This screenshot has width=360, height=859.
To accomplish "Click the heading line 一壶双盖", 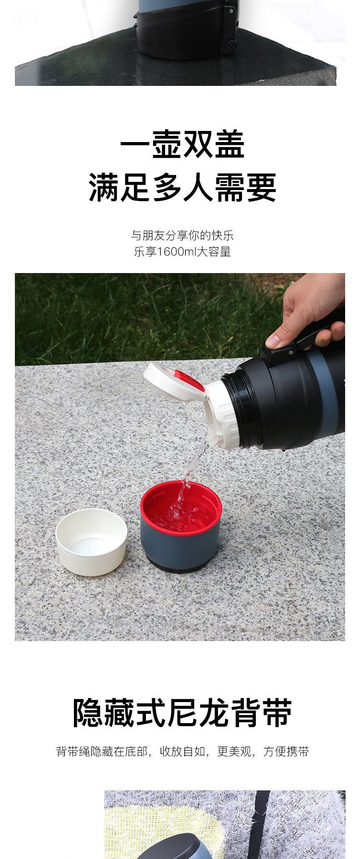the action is [182, 143].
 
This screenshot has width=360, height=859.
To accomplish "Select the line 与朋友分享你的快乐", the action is [182, 236].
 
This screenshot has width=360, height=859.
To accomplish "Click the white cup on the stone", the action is [91, 542].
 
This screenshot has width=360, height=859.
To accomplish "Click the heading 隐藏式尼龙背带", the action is [182, 713].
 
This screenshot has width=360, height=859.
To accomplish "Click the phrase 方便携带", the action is [286, 752].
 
